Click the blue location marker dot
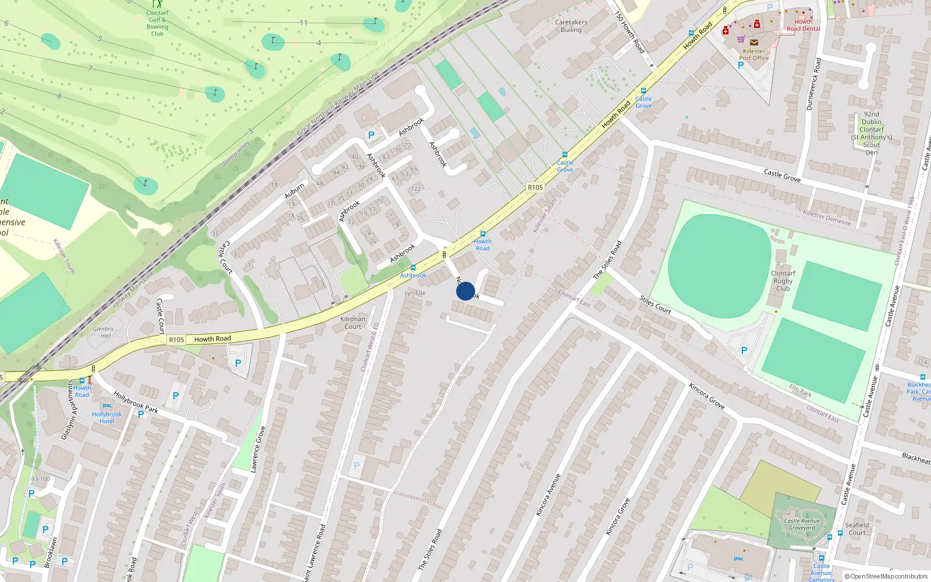[465, 291]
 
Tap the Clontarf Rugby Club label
[783, 281]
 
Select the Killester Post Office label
[754, 55]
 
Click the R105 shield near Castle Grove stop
[535, 187]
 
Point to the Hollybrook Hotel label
[107, 417]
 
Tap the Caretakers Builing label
[571, 26]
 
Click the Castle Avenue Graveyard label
[801, 524]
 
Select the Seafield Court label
[857, 528]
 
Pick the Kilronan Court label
[353, 322]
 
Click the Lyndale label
[415, 293]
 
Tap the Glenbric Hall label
[104, 332]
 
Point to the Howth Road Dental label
[803, 25]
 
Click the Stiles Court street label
[655, 304]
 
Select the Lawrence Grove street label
[258, 449]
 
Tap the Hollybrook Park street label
[136, 402]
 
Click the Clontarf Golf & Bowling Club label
[157, 23]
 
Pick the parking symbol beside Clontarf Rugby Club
[744, 350]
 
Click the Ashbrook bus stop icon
[413, 268]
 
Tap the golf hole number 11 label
[304, 23]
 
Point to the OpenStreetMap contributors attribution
[886, 576]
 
